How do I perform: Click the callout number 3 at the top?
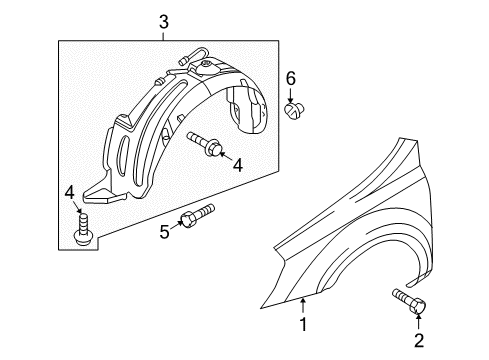[x=163, y=21]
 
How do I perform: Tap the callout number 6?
[x=291, y=77]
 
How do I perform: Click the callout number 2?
[x=419, y=340]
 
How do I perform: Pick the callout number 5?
[x=165, y=233]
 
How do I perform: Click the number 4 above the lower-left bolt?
[x=69, y=191]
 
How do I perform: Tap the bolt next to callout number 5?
[x=196, y=215]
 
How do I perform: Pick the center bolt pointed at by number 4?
[x=207, y=145]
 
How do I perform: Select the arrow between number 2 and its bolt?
[x=418, y=320]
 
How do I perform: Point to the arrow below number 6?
[x=292, y=96]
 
